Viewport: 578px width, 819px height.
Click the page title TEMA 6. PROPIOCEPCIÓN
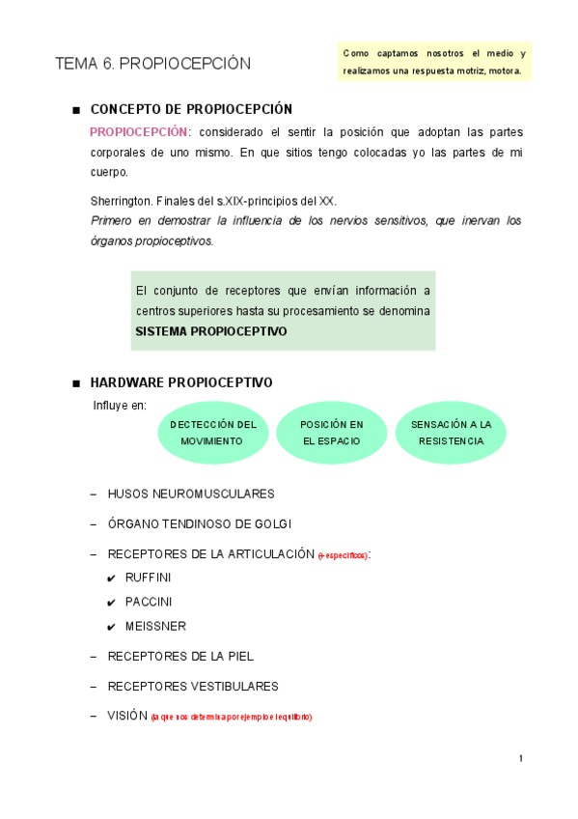click(152, 64)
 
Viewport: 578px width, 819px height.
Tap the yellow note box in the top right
click(434, 62)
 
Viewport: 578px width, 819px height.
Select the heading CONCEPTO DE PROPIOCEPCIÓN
click(191, 109)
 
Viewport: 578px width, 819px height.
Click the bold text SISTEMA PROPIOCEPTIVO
click(211, 330)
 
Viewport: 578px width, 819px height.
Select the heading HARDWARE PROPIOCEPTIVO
click(181, 382)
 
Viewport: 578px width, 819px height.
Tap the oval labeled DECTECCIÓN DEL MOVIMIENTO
click(212, 433)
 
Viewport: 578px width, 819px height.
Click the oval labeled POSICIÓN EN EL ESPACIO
click(331, 433)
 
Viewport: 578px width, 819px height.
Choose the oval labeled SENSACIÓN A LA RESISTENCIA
click(451, 433)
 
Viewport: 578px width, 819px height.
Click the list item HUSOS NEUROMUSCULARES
click(191, 494)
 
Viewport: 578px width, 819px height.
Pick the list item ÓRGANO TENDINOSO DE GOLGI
click(200, 523)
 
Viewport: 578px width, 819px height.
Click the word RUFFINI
click(149, 578)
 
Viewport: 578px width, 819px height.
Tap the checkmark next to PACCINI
click(112, 603)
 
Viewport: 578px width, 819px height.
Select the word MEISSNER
click(155, 626)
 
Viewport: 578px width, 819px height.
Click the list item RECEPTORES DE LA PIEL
click(180, 656)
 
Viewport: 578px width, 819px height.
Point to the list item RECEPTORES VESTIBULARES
click(193, 686)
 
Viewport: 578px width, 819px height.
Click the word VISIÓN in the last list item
click(127, 716)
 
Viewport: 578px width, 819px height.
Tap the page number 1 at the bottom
click(521, 758)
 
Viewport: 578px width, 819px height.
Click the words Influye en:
click(119, 405)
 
